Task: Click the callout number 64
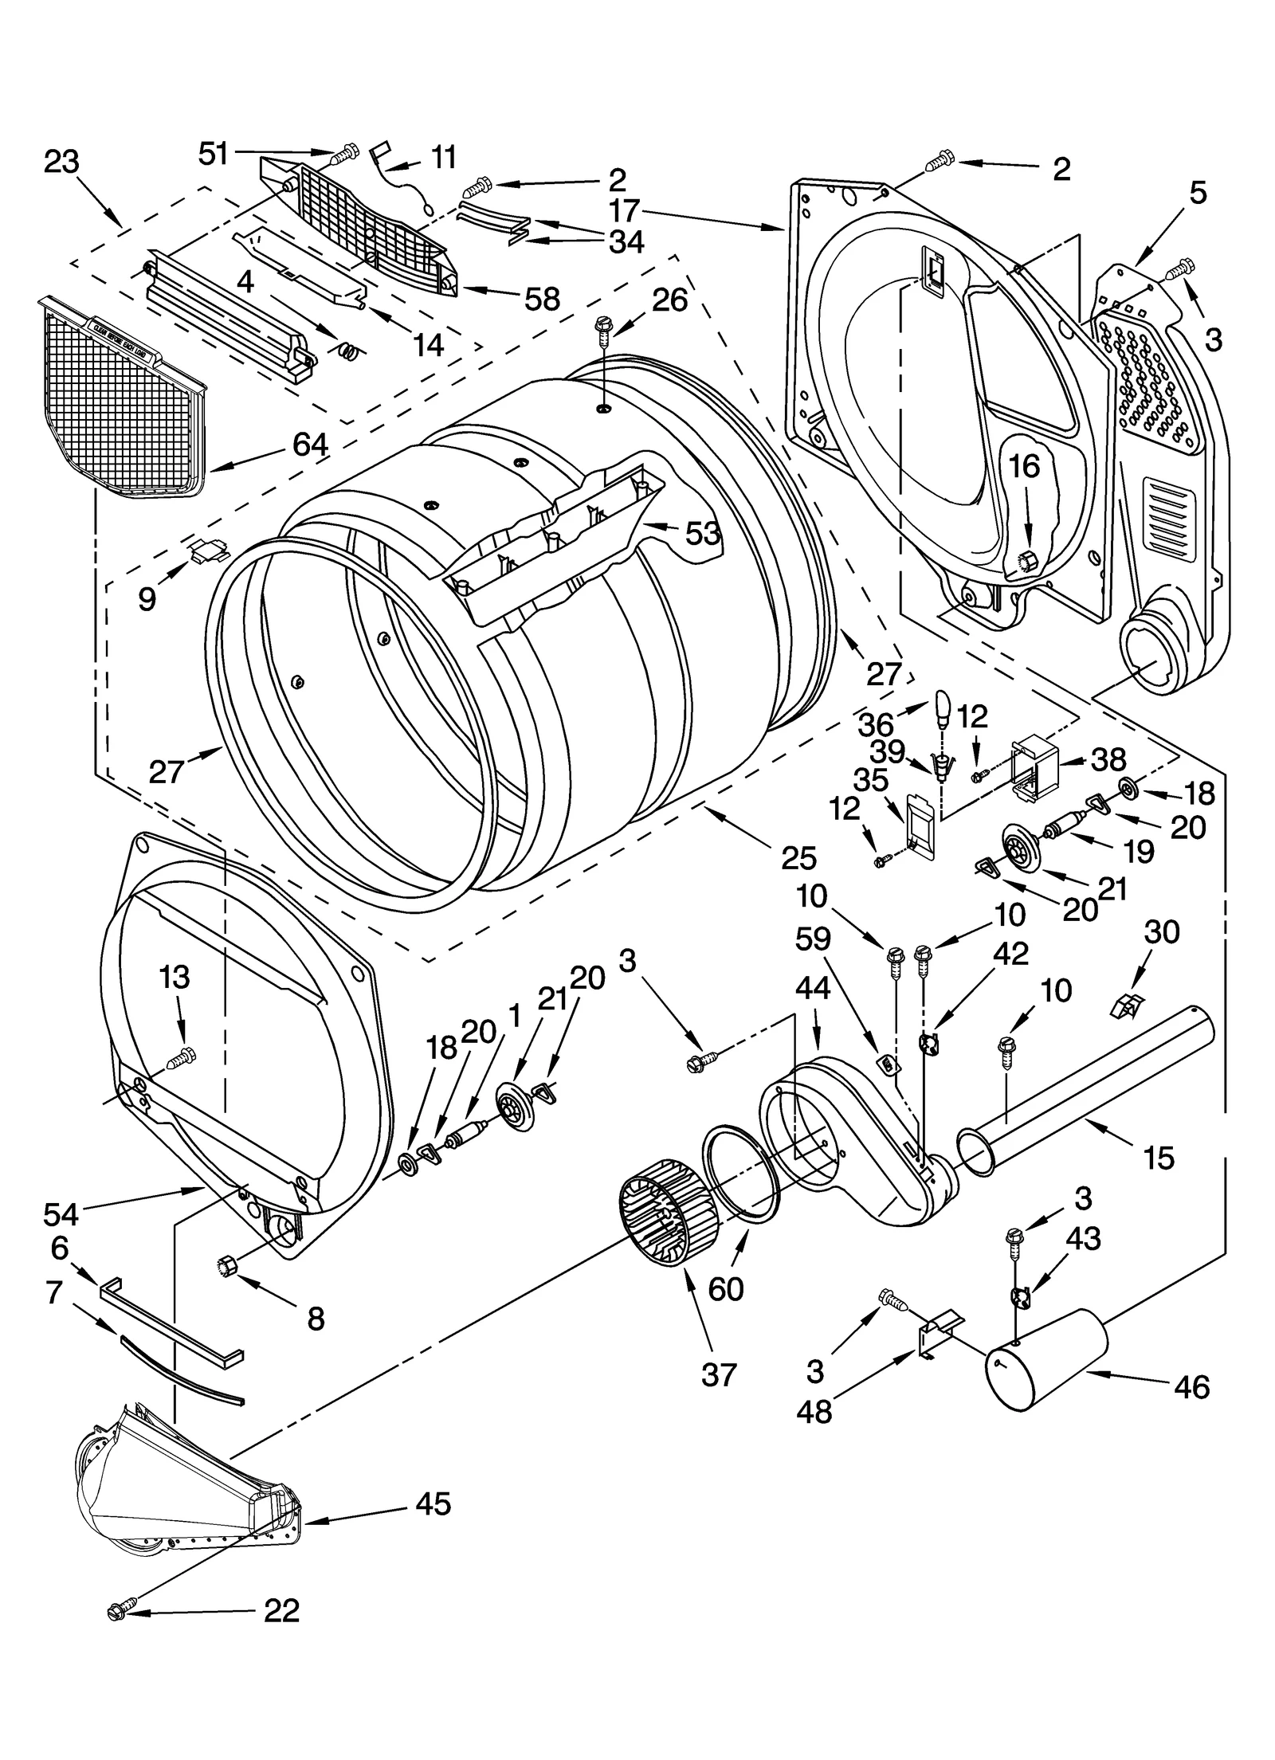click(x=310, y=445)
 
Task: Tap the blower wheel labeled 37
click(x=668, y=1212)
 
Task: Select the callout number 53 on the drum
click(x=702, y=534)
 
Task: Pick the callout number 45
click(x=433, y=1503)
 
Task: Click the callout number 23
click(x=61, y=163)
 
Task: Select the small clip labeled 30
click(x=1125, y=1007)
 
